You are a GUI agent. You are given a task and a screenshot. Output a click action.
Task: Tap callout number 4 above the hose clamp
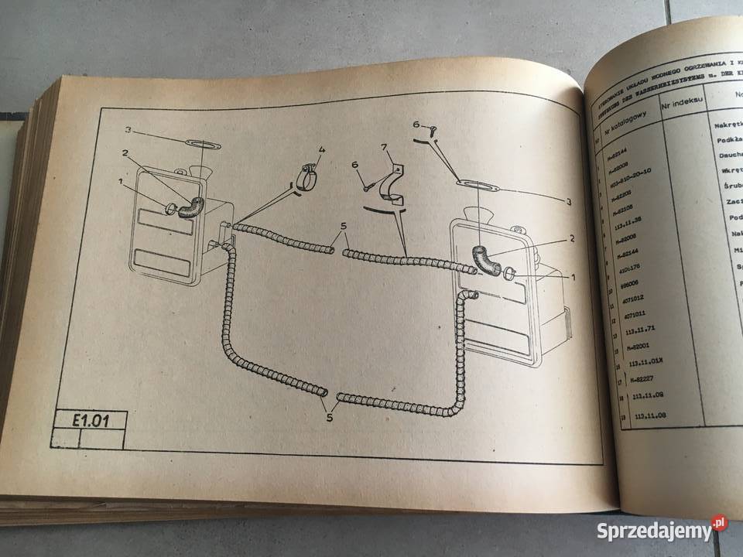click(323, 149)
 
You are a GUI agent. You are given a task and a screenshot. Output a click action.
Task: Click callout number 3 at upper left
click(129, 129)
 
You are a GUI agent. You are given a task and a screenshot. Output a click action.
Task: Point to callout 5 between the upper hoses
click(341, 227)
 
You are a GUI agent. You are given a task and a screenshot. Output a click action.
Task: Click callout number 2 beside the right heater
click(571, 239)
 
